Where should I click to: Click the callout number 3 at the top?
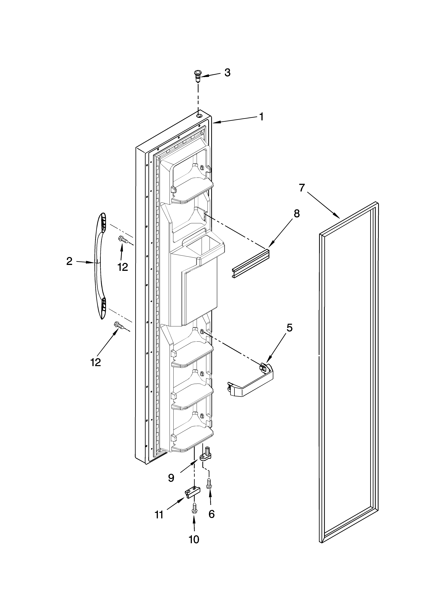click(227, 73)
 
